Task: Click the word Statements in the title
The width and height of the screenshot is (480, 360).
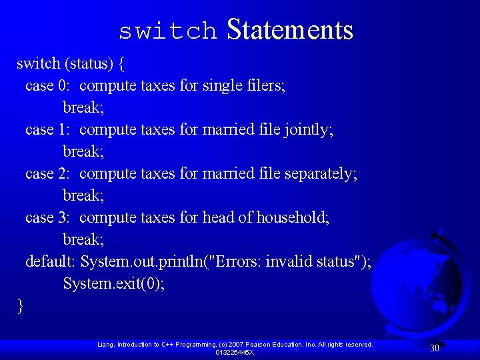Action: click(x=289, y=30)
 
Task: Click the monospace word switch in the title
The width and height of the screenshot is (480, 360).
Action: click(x=167, y=31)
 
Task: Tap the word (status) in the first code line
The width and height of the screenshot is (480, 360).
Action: click(x=91, y=63)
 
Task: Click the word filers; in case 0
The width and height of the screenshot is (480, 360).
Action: click(x=266, y=85)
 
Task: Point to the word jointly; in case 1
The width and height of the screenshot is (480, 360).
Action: click(x=308, y=129)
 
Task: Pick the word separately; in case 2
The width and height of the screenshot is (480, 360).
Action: click(x=321, y=173)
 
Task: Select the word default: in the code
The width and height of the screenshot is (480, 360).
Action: click(x=50, y=261)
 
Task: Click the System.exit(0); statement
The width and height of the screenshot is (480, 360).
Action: click(x=114, y=283)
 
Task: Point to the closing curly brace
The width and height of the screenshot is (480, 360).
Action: click(x=21, y=306)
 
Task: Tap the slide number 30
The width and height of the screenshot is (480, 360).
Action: click(x=434, y=348)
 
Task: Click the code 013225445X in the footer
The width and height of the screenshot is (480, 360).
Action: click(x=234, y=352)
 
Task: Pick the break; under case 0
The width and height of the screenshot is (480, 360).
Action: click(x=83, y=107)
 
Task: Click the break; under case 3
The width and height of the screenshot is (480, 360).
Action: click(x=83, y=239)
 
